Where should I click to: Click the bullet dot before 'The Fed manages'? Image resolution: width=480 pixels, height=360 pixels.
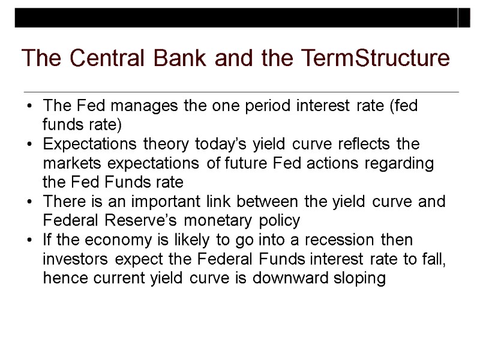29,107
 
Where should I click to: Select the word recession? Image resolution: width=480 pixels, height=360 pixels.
339,241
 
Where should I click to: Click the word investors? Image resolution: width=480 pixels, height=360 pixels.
76,260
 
